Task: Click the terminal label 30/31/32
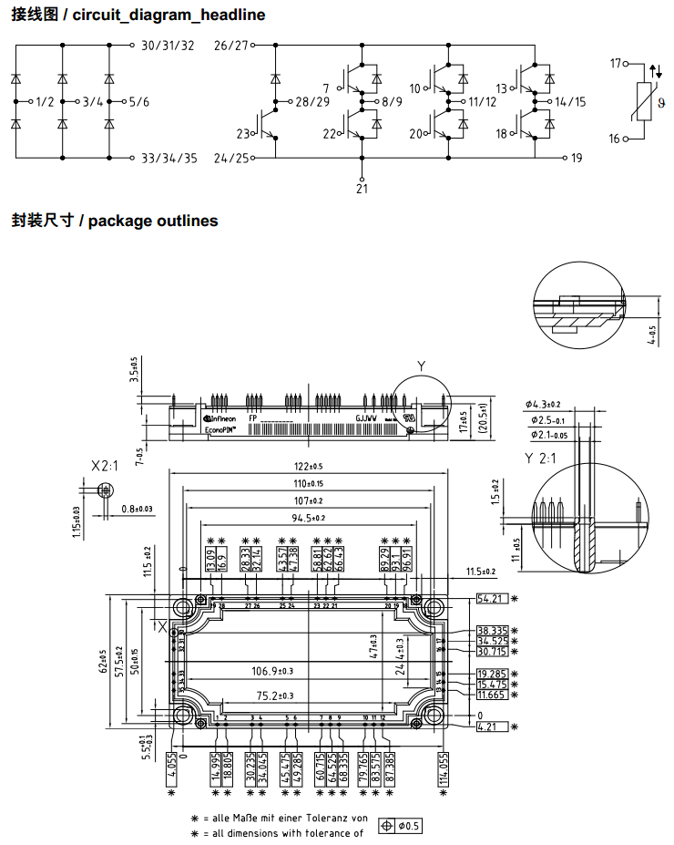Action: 168,45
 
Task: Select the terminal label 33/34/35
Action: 169,158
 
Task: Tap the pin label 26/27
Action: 231,45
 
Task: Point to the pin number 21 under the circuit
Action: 363,189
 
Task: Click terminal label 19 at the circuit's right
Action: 576,158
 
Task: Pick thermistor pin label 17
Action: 616,63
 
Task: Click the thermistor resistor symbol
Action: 644,100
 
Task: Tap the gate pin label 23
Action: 242,134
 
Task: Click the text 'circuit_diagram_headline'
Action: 168,15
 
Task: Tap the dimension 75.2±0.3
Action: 280,696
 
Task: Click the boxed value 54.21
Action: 491,598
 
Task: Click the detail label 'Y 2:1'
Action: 540,459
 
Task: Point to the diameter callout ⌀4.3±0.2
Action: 544,405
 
